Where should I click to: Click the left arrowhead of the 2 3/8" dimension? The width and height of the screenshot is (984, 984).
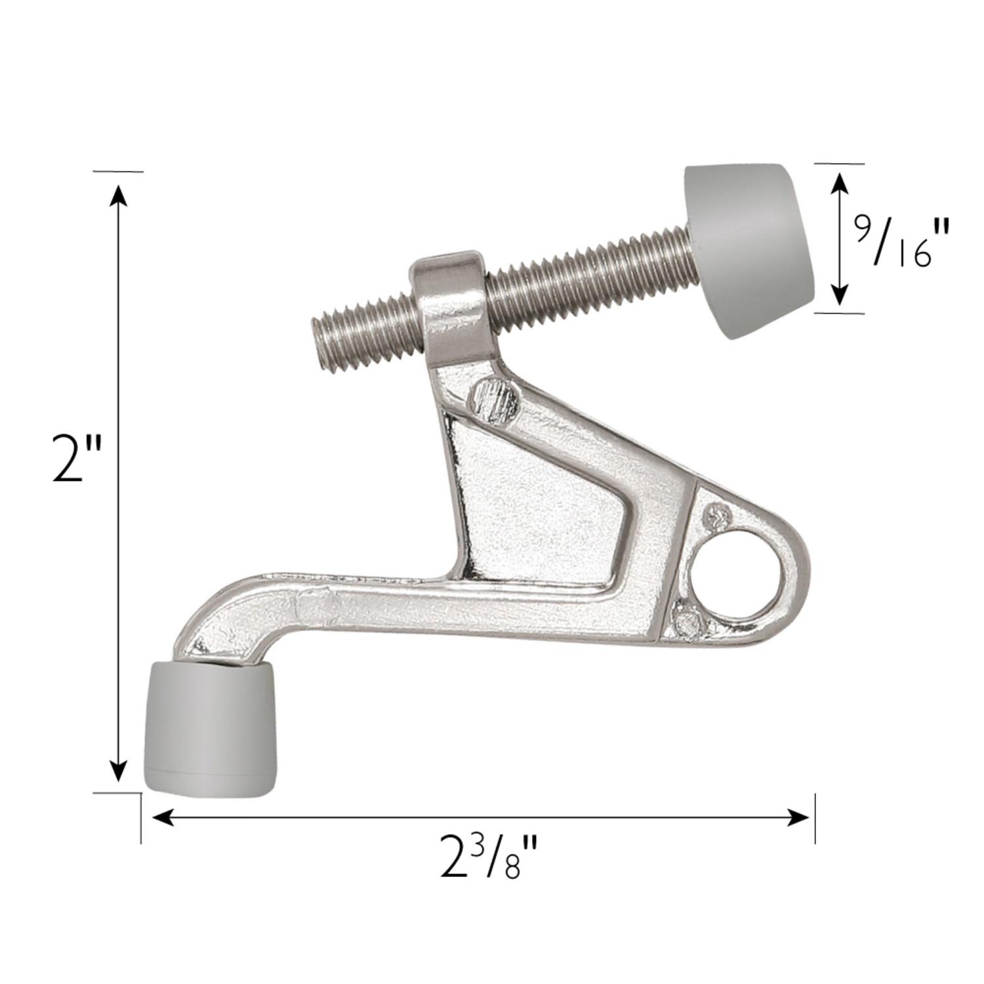click(163, 817)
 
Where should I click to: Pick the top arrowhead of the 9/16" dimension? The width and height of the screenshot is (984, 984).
click(839, 184)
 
